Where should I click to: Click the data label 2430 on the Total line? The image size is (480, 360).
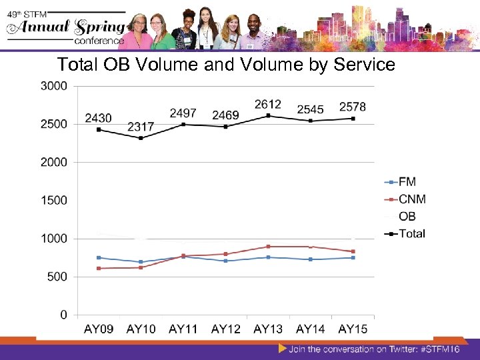(x=99, y=118)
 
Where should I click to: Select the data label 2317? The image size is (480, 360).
(x=141, y=126)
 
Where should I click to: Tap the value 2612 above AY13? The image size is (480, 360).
(x=267, y=104)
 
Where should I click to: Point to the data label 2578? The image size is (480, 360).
(x=352, y=107)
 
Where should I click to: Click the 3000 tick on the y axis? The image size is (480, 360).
(x=53, y=86)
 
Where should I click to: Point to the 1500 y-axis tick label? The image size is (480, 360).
(x=53, y=200)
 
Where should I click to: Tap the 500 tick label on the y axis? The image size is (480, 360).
(x=57, y=277)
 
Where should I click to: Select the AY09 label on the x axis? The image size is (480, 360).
(x=99, y=329)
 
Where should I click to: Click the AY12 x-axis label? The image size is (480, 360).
(x=225, y=329)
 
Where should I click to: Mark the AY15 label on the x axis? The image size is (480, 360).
(x=352, y=329)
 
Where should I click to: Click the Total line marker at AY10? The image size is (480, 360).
(x=141, y=138)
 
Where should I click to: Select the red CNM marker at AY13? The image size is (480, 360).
(x=267, y=247)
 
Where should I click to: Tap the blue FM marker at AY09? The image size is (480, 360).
(x=99, y=257)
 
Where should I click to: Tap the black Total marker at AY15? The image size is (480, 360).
(x=352, y=119)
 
